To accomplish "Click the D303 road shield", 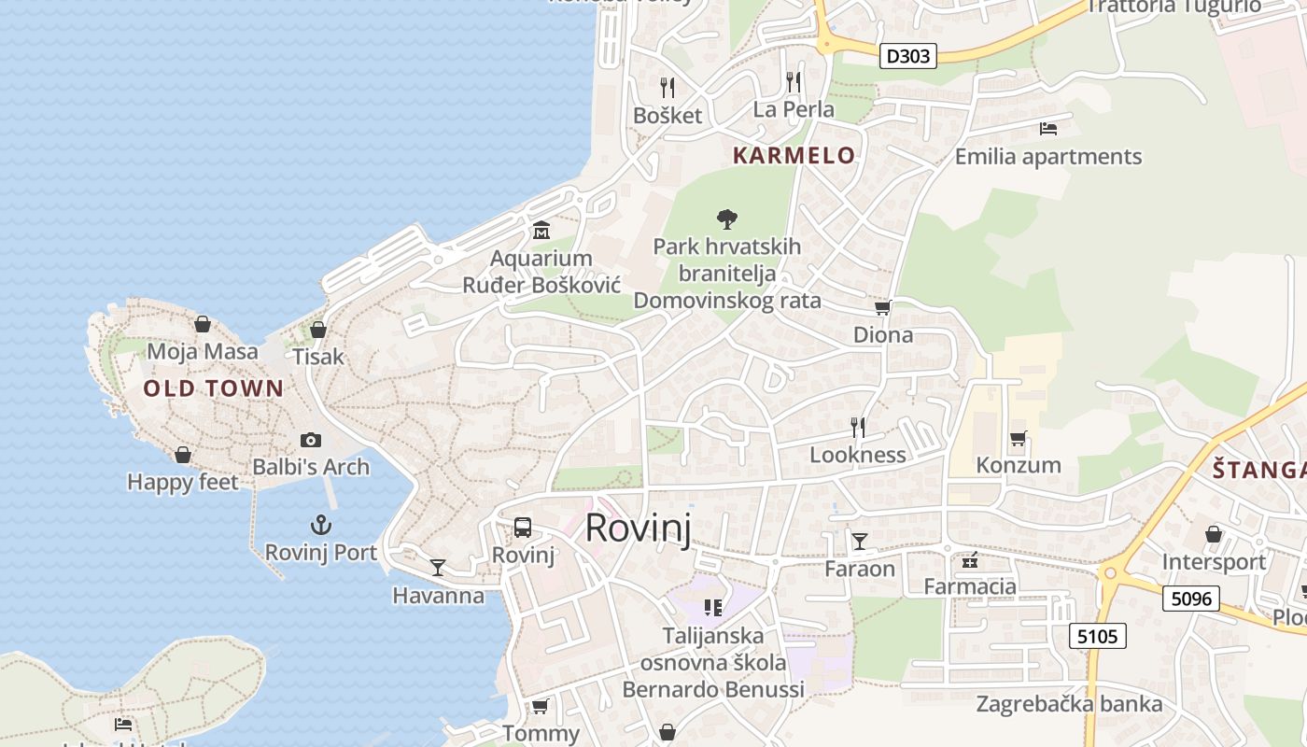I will tap(907, 56).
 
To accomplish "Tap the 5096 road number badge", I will tap(1191, 598).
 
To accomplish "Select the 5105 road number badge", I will tap(1097, 636).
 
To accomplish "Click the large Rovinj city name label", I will tap(639, 529).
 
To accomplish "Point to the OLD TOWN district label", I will tap(213, 388).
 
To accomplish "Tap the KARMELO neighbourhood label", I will tap(794, 155).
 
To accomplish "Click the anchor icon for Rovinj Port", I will tap(321, 525).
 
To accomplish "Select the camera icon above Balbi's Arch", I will tap(311, 440).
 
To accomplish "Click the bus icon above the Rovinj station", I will tap(523, 528).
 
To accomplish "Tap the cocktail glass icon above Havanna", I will tap(437, 568).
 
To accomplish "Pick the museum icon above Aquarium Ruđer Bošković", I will tap(541, 230).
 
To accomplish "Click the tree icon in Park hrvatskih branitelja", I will tap(726, 219).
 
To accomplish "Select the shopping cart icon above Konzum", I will tap(1018, 438).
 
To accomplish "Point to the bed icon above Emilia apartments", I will tap(1048, 128).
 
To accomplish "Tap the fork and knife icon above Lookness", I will tap(858, 428).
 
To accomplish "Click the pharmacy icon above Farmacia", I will tap(970, 560).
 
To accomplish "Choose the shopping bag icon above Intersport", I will tap(1213, 534).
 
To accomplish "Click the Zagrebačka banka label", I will tap(1070, 703).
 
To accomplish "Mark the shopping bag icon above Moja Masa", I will tap(203, 324).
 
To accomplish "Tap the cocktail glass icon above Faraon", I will tap(859, 541).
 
